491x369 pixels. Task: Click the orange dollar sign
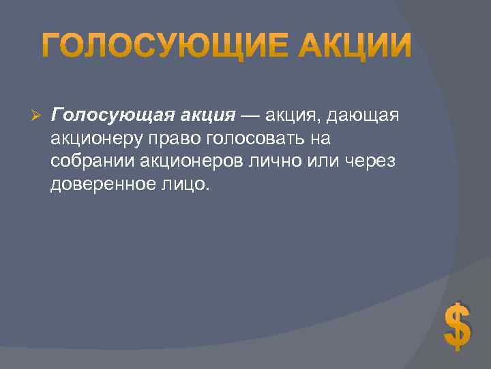coord(456,326)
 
